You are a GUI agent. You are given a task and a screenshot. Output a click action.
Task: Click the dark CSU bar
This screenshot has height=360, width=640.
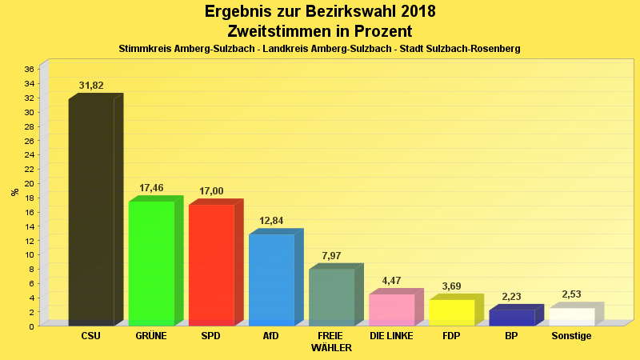(91, 212)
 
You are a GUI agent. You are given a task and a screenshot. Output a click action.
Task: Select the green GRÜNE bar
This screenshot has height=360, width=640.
(151, 263)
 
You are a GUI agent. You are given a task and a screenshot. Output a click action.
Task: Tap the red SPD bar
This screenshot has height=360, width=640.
(211, 265)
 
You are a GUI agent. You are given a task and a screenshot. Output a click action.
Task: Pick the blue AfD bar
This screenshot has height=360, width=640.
(271, 279)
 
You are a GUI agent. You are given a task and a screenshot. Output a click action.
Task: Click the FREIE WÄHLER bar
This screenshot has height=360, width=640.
(331, 297)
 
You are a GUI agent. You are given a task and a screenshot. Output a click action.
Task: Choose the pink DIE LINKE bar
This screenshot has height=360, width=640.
(391, 310)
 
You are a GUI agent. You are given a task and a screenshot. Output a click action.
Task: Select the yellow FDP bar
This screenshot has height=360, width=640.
(451, 312)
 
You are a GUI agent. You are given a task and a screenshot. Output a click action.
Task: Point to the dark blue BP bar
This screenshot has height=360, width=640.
(511, 318)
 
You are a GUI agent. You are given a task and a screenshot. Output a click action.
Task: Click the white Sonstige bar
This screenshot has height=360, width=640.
(571, 316)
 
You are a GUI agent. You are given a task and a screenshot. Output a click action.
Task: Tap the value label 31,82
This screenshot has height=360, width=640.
(91, 86)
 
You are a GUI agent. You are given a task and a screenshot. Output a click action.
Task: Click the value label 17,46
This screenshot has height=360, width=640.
(151, 188)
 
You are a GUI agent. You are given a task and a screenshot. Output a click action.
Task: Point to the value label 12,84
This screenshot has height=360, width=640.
(271, 221)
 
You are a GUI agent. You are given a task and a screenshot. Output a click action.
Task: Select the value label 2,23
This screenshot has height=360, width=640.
(511, 297)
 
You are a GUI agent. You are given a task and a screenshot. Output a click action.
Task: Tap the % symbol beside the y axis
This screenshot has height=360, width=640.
(14, 192)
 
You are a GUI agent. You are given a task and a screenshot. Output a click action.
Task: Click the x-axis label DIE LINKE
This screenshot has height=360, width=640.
(391, 336)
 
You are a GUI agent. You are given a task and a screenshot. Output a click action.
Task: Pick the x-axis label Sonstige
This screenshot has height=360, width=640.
(571, 336)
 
